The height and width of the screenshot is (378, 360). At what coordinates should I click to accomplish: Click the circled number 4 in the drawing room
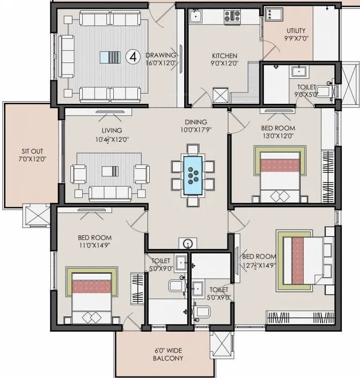tap(132, 57)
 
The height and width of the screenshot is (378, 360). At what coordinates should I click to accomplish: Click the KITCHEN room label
tap(225, 60)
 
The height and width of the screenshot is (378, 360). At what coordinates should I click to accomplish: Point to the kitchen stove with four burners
tap(232, 17)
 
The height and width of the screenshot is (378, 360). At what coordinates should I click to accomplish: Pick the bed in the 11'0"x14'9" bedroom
tap(93, 298)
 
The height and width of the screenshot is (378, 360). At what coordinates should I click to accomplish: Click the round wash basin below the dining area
tap(188, 244)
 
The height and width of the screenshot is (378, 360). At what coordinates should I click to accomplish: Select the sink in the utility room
tap(272, 15)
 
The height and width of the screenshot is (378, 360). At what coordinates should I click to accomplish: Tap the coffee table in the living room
tap(110, 171)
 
